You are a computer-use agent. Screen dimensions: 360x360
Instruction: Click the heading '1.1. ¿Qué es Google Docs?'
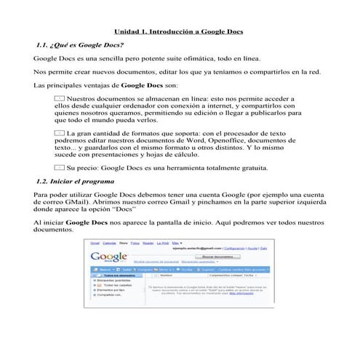tap(79, 45)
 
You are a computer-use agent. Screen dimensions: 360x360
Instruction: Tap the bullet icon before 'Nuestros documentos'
tap(60, 97)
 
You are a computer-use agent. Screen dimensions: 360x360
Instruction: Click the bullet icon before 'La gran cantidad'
tap(60, 133)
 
